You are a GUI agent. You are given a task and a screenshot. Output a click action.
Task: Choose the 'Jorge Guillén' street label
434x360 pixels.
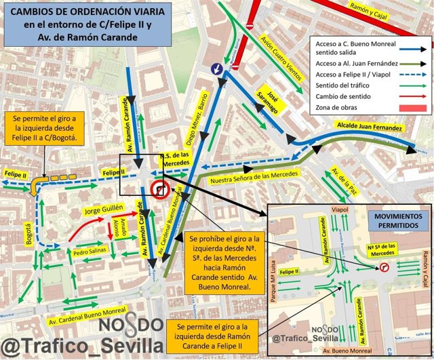click(x=104, y=212)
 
